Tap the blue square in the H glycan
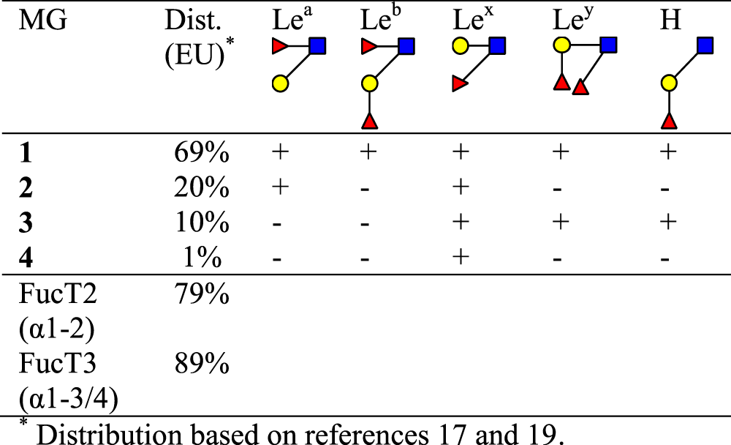click(705, 47)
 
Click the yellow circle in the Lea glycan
click(279, 83)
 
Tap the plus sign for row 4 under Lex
click(461, 258)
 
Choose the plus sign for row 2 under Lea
click(279, 188)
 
